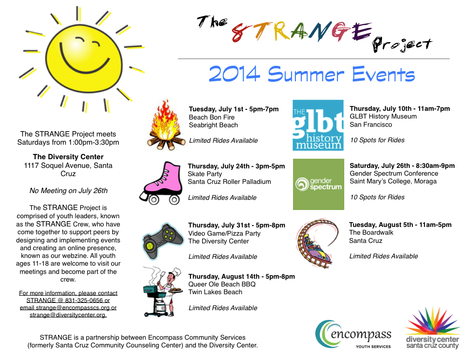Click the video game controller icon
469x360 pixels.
162,240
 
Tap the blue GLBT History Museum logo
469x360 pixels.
318,125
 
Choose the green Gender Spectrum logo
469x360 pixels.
318,184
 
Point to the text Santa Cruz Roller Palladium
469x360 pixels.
229,182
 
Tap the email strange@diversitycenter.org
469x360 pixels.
68,315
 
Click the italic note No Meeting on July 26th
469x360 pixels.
68,190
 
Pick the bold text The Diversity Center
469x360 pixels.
68,157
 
